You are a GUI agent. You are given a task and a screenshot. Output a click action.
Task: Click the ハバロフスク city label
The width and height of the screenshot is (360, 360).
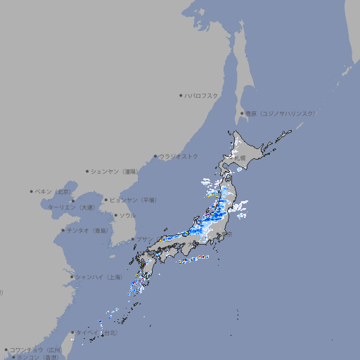(202, 95)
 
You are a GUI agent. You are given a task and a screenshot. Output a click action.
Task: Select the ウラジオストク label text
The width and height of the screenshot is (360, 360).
(179, 156)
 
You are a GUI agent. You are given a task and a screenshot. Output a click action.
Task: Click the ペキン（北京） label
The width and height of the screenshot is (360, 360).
(53, 191)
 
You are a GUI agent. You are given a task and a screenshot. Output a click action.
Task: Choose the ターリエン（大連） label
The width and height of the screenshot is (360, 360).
(71, 207)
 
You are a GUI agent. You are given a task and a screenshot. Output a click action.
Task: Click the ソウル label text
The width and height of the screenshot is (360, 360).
(127, 216)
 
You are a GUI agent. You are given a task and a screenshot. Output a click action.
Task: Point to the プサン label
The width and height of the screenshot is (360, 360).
(144, 239)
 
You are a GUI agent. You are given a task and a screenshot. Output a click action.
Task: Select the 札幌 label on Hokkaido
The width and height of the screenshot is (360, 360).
(242, 158)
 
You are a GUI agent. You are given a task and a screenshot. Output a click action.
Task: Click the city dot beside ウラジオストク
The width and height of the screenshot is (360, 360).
(155, 157)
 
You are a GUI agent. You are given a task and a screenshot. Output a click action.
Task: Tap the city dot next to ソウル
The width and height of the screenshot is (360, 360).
(115, 216)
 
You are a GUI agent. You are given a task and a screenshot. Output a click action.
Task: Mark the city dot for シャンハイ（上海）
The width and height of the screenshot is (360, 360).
(72, 277)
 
